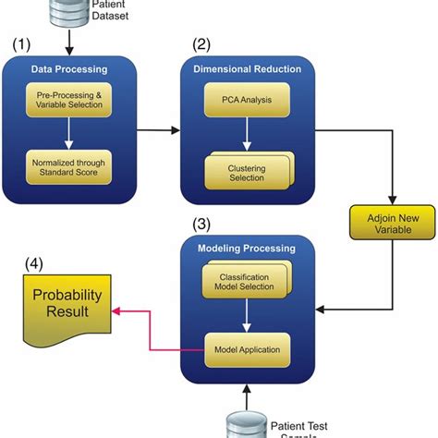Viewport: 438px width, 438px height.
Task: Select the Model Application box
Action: pyautogui.click(x=246, y=349)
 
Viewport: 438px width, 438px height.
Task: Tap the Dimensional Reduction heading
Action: pyautogui.click(x=246, y=70)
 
